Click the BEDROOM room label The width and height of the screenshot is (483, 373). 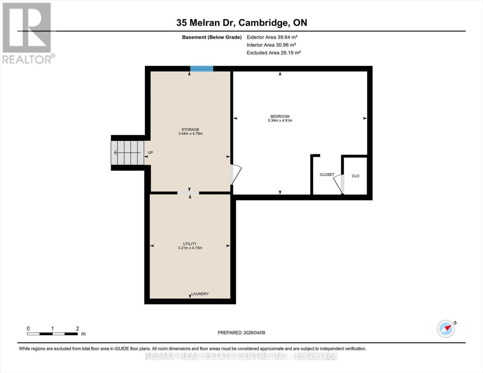click(x=280, y=117)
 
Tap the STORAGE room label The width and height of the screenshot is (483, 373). click(x=190, y=130)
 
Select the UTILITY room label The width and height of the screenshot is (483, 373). click(x=190, y=244)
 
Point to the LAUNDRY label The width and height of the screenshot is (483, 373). click(x=200, y=294)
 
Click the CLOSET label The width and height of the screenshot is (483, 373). click(x=327, y=175)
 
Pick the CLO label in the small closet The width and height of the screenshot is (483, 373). click(x=355, y=176)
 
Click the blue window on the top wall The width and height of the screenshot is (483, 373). click(x=202, y=69)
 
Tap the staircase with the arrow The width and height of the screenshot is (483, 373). click(x=128, y=153)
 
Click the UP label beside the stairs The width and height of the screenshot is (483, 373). click(x=150, y=153)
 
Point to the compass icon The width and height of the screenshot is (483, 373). click(x=446, y=329)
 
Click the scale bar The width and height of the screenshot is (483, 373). click(x=52, y=334)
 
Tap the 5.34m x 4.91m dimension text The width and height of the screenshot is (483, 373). click(x=280, y=121)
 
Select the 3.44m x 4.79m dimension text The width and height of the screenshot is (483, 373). click(x=190, y=134)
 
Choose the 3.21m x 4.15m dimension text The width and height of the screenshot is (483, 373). click(x=190, y=248)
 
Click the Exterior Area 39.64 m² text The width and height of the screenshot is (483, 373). click(x=272, y=37)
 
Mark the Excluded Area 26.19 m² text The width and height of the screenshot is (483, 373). click(x=274, y=53)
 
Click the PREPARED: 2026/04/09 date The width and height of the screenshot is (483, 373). click(x=241, y=333)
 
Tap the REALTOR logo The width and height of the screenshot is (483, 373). click(x=27, y=33)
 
